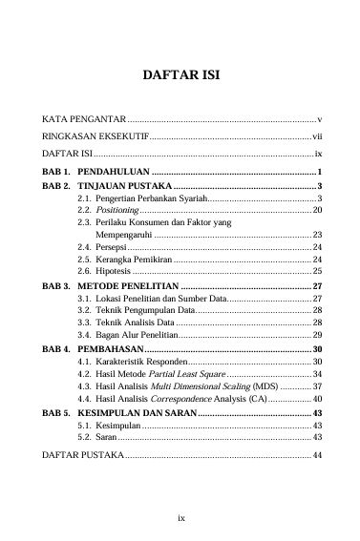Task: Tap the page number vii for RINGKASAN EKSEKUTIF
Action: pos(317,138)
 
